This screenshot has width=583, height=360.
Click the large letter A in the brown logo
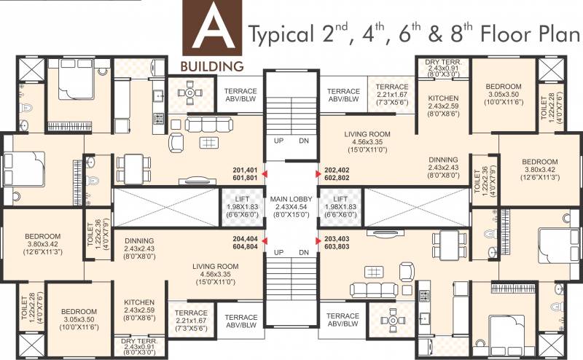pyautogui.click(x=213, y=30)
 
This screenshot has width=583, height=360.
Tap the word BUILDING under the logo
pyautogui.click(x=212, y=66)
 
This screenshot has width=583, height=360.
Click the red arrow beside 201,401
pyautogui.click(x=265, y=173)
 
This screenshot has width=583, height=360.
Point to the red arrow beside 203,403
pyautogui.click(x=318, y=241)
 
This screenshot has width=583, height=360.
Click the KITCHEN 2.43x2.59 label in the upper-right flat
pyautogui.click(x=443, y=106)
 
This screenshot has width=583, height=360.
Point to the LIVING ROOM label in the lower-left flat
pyautogui.click(x=216, y=274)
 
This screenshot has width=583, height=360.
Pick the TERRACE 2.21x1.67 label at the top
pyautogui.click(x=392, y=95)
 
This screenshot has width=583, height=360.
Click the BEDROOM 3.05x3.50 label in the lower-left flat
pyautogui.click(x=79, y=319)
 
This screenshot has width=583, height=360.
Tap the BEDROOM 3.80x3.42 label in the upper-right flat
pyautogui.click(x=540, y=170)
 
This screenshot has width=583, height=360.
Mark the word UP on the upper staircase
pyautogui.click(x=278, y=141)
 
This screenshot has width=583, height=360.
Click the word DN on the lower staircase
pyautogui.click(x=304, y=253)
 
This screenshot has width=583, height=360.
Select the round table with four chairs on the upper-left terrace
pyautogui.click(x=189, y=93)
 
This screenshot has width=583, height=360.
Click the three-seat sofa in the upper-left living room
pyautogui.click(x=208, y=124)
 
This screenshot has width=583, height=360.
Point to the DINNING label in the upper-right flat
pyautogui.click(x=443, y=168)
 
